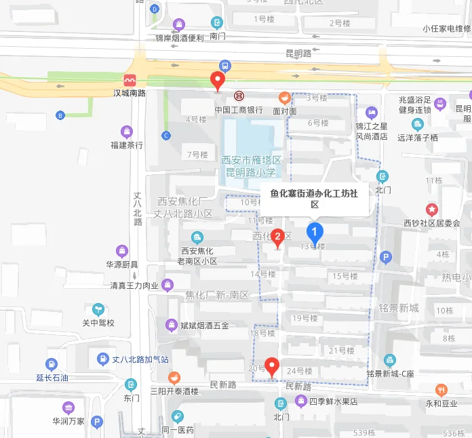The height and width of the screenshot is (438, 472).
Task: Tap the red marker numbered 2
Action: point(277,237)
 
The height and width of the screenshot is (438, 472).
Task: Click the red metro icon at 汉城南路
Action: point(130,80)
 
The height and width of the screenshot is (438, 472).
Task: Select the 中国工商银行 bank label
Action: point(239,109)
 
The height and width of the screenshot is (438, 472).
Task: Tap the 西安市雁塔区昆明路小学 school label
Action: point(252,165)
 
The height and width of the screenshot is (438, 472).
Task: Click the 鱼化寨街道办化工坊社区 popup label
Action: point(313,198)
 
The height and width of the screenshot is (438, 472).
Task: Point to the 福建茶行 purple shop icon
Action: point(126,132)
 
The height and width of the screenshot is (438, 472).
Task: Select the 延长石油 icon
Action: point(52,364)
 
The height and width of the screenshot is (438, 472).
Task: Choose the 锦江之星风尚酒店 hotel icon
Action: point(371,113)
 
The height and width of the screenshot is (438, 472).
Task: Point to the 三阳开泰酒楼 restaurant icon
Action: point(174,378)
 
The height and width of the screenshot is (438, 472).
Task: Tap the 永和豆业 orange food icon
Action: point(442,390)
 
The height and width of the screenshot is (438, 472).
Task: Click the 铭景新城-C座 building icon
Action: point(389,359)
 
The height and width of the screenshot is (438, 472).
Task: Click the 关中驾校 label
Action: point(98,323)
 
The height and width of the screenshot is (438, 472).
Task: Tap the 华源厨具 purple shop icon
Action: point(121,251)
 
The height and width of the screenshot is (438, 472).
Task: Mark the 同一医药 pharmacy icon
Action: point(178,416)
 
